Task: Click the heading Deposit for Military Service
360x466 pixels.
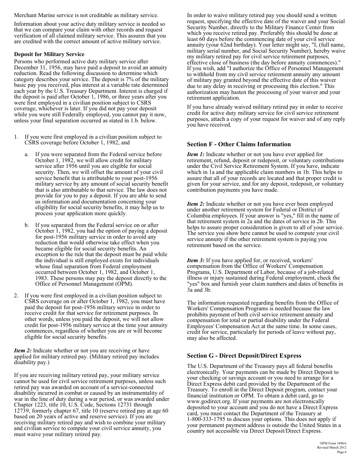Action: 49,55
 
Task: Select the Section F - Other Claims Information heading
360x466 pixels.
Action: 239,144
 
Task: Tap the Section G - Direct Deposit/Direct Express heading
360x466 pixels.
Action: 244,356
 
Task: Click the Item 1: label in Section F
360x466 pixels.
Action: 196,155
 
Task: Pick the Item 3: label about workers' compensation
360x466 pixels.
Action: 196,260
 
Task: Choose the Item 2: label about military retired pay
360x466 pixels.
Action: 23,351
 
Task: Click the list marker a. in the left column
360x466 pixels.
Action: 27,155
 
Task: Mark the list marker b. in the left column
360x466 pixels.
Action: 27,225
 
